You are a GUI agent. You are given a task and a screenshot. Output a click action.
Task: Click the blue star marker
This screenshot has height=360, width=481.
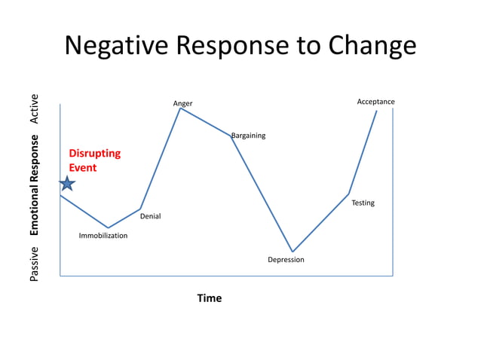pyautogui.click(x=67, y=183)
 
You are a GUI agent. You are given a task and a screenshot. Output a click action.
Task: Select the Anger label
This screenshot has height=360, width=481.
pyautogui.click(x=182, y=103)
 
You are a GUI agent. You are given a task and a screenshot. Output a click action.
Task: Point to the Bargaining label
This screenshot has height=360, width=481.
pyautogui.click(x=248, y=136)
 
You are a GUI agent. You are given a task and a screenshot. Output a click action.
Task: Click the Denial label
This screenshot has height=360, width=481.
pyautogui.click(x=150, y=217)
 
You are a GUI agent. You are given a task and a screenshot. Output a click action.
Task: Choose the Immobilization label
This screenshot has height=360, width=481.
pyautogui.click(x=103, y=236)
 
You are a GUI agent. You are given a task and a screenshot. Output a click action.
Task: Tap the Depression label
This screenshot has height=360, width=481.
pyautogui.click(x=286, y=260)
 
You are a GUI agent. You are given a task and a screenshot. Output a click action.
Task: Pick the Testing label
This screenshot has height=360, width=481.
pyautogui.click(x=363, y=203)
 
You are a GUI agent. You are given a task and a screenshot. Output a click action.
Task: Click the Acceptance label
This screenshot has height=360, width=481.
pyautogui.click(x=375, y=102)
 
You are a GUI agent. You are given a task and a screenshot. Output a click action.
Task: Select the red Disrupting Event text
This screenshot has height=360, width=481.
pyautogui.click(x=94, y=160)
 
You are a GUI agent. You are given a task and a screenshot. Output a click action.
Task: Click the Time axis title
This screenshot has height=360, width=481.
pyautogui.click(x=210, y=298)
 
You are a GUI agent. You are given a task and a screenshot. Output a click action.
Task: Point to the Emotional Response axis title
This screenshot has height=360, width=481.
pyautogui.click(x=34, y=185)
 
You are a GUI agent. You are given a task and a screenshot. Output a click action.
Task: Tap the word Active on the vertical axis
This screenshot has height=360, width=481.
pyautogui.click(x=34, y=109)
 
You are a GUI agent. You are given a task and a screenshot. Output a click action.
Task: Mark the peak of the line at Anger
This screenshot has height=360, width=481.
pyautogui.click(x=180, y=108)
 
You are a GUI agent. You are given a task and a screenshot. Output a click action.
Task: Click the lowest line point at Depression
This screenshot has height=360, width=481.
pyautogui.click(x=293, y=252)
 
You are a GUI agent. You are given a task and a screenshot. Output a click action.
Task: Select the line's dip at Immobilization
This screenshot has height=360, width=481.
pyautogui.click(x=109, y=227)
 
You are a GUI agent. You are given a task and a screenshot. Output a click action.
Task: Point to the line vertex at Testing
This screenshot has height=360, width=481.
pyautogui.click(x=349, y=194)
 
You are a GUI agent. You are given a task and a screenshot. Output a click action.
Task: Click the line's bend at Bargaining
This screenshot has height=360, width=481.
pyautogui.click(x=231, y=136)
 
